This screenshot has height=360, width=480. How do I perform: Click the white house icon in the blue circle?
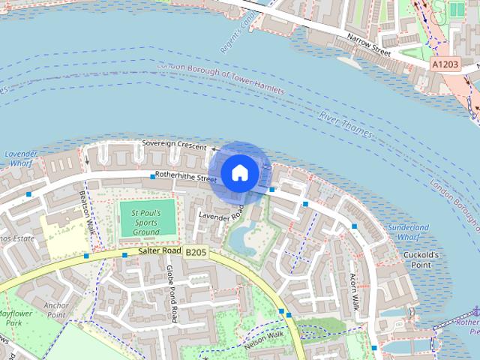tap(239, 173)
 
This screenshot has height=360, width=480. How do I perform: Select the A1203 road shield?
tap(445, 65)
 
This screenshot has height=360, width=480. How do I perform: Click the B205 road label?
tap(196, 253)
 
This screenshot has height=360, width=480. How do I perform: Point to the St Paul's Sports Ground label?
tap(146, 222)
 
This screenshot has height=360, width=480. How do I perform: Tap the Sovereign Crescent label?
tap(174, 146)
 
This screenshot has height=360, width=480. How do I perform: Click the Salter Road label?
tap(160, 251)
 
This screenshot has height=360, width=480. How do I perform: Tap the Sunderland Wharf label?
tap(408, 232)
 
